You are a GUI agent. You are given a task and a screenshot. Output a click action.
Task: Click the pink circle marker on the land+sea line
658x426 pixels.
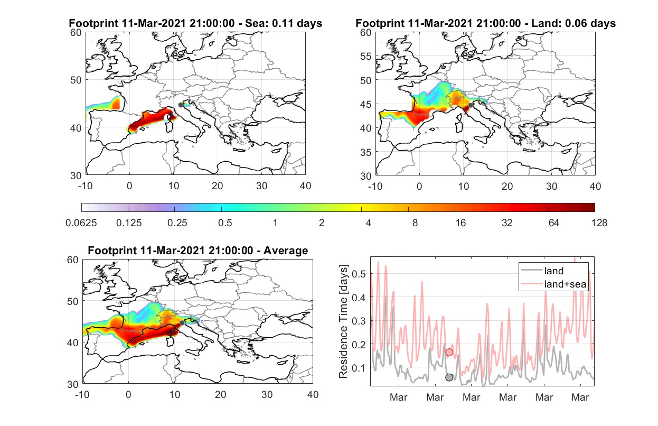[449, 352]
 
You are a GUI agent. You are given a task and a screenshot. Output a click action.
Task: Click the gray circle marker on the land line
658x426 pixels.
[449, 377]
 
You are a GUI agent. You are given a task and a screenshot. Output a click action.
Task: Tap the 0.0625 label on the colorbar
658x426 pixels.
[81, 223]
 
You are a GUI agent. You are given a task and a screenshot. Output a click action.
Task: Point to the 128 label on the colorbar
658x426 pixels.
[599, 223]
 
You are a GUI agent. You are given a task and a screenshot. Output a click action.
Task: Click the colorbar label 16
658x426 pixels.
[460, 223]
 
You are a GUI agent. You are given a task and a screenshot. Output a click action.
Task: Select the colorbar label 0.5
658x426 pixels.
[225, 223]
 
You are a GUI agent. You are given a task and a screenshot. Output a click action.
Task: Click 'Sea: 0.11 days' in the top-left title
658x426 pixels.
[284, 23]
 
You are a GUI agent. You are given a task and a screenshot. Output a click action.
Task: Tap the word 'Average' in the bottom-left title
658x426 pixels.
[286, 251]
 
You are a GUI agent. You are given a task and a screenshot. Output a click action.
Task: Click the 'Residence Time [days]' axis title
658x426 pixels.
[343, 322]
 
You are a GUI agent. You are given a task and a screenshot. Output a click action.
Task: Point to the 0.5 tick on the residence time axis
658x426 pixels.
[359, 274]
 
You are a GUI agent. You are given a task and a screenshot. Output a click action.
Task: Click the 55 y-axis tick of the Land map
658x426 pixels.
[366, 56]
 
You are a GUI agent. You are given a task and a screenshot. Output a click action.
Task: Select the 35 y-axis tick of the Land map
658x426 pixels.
[366, 152]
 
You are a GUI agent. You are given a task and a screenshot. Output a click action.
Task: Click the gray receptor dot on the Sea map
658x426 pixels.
[181, 105]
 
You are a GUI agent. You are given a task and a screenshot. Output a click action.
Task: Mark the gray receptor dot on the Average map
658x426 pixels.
[182, 323]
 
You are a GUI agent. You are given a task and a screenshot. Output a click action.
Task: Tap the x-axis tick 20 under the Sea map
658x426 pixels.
[218, 186]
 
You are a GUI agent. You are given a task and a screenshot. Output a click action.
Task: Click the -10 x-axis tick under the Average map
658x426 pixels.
[82, 394]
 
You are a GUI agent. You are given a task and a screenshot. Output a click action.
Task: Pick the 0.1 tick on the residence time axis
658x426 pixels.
[359, 368]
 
